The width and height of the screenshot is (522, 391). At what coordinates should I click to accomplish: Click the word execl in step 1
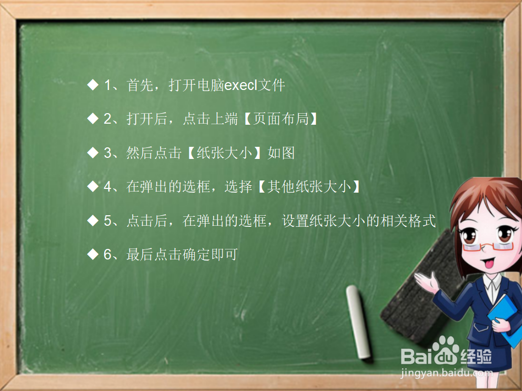(x=241, y=85)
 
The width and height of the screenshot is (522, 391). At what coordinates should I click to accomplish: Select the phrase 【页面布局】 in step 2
(x=280, y=119)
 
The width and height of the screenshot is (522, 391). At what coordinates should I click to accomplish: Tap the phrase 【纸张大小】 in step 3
(x=225, y=153)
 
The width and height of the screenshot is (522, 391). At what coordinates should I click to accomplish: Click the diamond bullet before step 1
(x=93, y=85)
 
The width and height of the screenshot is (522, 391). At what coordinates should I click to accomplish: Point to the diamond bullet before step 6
(x=93, y=255)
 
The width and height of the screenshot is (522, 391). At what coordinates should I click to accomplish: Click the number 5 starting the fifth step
(x=108, y=220)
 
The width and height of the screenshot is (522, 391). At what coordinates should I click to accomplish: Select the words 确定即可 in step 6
(x=210, y=255)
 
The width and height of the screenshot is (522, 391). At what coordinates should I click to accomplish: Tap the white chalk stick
(x=358, y=322)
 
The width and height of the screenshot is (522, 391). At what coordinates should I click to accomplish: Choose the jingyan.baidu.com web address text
(x=447, y=373)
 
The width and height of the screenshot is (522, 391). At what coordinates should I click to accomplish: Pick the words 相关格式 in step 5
(x=408, y=220)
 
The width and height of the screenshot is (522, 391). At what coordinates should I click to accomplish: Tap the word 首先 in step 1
(x=140, y=85)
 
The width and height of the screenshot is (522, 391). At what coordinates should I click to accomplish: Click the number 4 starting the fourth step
(x=108, y=186)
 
